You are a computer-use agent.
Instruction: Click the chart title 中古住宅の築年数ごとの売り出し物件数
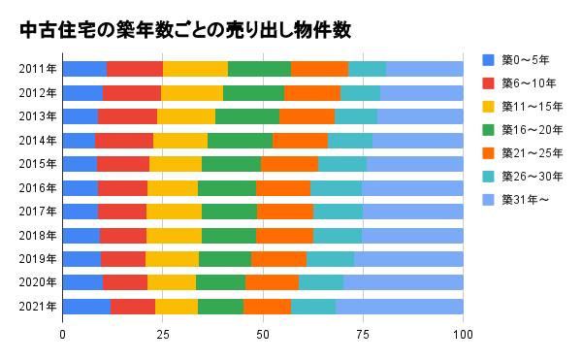coord(184,30)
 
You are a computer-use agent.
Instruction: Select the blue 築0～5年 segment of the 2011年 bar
coord(84,68)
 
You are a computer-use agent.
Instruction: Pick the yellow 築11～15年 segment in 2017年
coord(174,212)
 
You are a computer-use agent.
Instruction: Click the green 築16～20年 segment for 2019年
coord(225,259)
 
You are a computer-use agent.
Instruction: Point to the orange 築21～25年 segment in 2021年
coord(267,307)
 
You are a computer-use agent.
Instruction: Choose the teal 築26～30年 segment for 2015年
coord(342,164)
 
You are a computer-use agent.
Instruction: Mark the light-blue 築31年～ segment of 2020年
coord(404,282)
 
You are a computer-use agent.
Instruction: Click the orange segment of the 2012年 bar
coord(312,93)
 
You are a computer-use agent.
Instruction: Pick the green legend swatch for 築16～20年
coord(489,130)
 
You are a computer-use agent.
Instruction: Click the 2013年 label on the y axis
coord(37,116)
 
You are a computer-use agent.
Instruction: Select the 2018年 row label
coord(37,236)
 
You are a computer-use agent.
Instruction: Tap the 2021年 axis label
coord(37,307)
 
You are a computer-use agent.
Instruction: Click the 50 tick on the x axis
coord(263,335)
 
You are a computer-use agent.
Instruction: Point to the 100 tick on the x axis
coord(463,335)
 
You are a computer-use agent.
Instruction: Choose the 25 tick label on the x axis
coord(163,335)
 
